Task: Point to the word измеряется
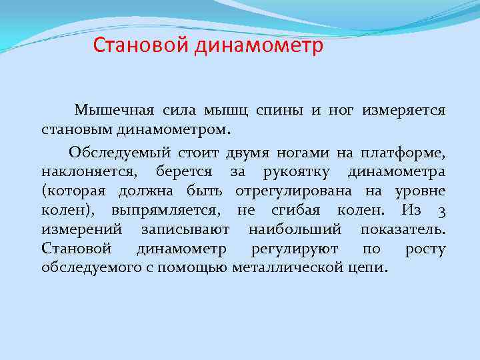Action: tap(404, 109)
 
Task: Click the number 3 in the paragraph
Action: tap(441, 210)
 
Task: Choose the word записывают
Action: tap(185, 229)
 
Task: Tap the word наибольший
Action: tap(294, 229)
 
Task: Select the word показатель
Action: tap(403, 229)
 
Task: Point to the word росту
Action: tap(425, 249)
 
